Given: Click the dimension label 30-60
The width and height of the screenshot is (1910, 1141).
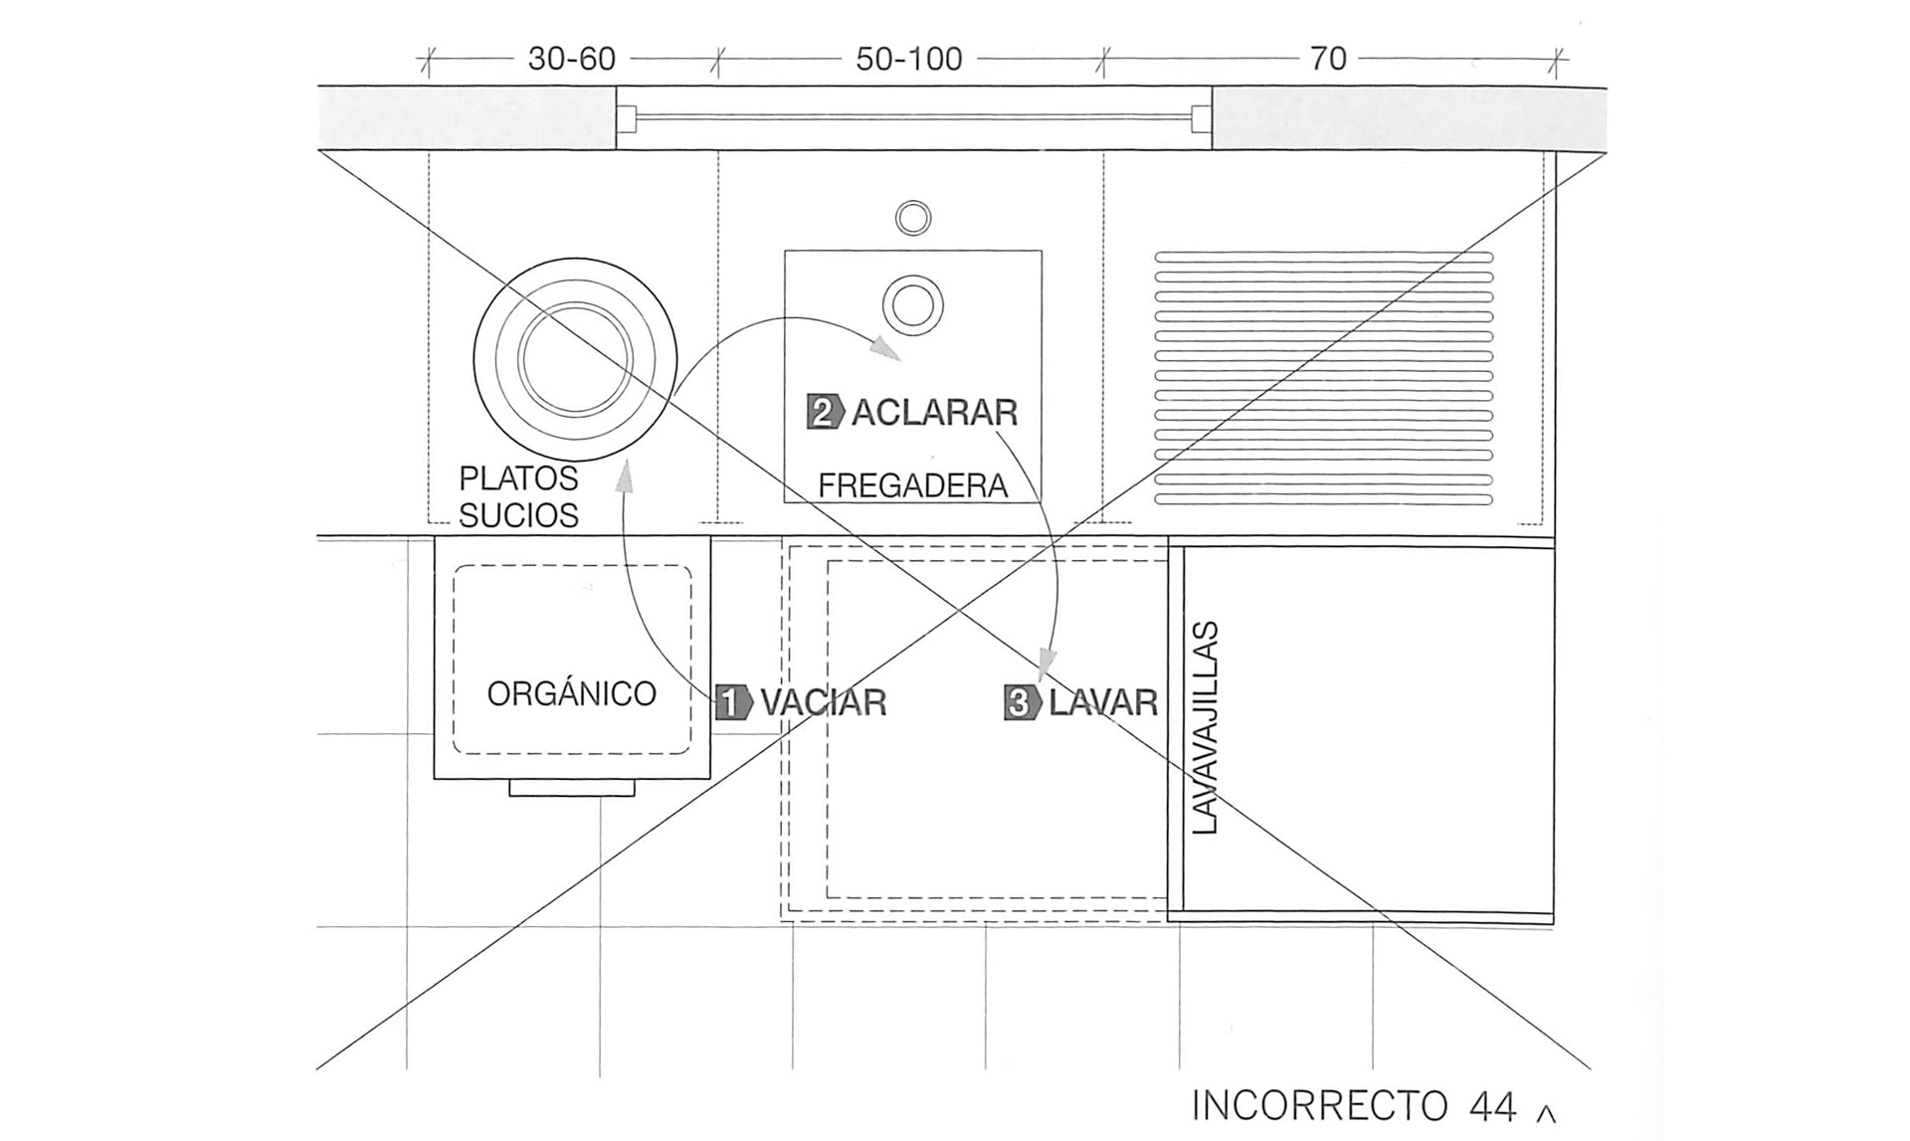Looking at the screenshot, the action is pos(571,60).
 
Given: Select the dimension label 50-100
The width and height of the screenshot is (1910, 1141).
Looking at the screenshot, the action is pos(909,60).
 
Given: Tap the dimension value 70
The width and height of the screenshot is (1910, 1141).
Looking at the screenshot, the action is pos(1328,59).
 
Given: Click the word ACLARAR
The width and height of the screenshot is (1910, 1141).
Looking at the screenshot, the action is pos(935,412).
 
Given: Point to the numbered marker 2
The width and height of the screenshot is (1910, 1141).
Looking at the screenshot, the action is pos(825,412).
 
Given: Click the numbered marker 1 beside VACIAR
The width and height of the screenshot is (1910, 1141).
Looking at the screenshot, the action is pos(733,702).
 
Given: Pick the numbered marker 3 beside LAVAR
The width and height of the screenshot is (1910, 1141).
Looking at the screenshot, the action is pos(1022,702).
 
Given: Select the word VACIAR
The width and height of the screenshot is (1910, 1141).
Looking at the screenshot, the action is pos(824,703).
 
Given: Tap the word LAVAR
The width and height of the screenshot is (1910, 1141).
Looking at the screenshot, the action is pos(1103,703).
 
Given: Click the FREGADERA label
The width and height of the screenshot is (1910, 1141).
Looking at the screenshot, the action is pos(912,485).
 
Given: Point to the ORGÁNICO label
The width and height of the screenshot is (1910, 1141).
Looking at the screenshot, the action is pos(571,692).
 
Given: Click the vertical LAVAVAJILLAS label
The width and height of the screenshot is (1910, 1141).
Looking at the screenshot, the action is pos(1204,727).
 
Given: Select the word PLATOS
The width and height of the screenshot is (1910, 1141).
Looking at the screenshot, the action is pos(518,478).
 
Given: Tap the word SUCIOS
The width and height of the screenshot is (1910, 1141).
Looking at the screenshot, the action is pos(518,515).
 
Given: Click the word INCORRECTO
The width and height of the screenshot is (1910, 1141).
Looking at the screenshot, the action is pos(1319,1106).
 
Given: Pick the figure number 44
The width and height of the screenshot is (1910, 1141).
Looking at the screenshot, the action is pos(1492,1106).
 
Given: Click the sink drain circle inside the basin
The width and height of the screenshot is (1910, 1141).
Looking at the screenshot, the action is pos(913,304).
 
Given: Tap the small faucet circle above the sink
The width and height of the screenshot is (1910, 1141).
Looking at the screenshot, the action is pos(913,218).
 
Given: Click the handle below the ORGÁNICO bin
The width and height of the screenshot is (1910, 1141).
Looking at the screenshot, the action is pos(572,788).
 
